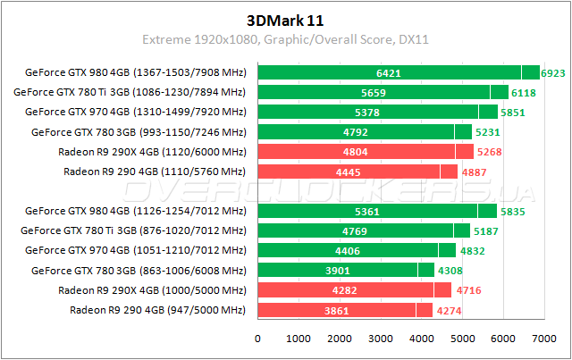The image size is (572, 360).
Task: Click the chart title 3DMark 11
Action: [x=285, y=19]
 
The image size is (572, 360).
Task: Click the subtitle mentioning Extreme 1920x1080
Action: [x=285, y=39]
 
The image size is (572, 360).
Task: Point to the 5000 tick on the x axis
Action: [x=461, y=339]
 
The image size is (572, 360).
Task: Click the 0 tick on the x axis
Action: [x=258, y=339]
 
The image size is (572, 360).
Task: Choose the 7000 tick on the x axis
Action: [x=543, y=339]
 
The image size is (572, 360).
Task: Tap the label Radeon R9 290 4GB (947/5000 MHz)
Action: [x=156, y=310]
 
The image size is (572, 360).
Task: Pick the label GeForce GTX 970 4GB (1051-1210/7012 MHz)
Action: [x=135, y=251]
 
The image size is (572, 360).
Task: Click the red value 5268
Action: [x=489, y=152]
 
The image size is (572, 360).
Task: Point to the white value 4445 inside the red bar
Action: [x=351, y=172]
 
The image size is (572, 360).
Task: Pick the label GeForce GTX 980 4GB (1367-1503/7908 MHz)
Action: [x=135, y=72]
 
